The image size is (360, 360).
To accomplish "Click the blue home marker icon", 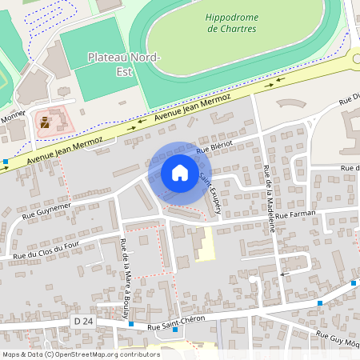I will coord(180,173).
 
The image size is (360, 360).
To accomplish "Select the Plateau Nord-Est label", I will coord(124,63).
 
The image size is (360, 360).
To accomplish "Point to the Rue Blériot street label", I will coord(214,145).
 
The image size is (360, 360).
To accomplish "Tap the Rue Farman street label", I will coord(298,214).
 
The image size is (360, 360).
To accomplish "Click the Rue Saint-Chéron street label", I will coord(176,318).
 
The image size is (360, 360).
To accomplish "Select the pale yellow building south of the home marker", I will coord(206,243).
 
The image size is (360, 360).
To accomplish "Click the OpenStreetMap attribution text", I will coord(81,354).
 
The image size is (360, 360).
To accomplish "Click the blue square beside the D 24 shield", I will coord(131,324).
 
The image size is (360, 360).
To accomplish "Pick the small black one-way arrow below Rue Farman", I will coord(283,274).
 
